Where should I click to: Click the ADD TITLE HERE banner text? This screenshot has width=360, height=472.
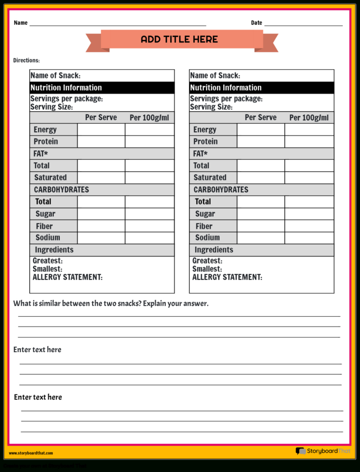[x=179, y=40]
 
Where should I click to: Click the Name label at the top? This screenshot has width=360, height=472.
[x=20, y=23]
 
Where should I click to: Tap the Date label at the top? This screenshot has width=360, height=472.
[x=256, y=23]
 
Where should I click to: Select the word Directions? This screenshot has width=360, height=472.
[x=26, y=60]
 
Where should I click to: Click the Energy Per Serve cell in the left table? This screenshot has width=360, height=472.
[x=101, y=130]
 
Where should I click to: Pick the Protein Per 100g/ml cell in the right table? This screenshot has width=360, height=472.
[x=309, y=142]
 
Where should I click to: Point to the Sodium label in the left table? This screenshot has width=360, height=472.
[x=48, y=237]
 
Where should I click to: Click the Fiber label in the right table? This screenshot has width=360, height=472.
[x=204, y=226]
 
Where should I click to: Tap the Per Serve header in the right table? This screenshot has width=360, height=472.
[x=261, y=118]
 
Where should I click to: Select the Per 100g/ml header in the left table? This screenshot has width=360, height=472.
[x=149, y=118]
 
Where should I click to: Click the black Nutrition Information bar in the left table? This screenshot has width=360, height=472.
[x=101, y=88]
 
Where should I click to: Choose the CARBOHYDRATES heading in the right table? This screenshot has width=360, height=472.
[x=221, y=189]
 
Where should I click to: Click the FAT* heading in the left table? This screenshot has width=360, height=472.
[x=41, y=153]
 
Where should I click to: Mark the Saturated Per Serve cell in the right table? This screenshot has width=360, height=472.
[x=261, y=178]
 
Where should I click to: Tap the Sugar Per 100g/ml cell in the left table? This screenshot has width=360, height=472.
[x=149, y=214]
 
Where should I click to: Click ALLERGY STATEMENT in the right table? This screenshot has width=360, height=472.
[x=227, y=277]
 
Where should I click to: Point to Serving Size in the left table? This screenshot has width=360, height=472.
[x=51, y=107]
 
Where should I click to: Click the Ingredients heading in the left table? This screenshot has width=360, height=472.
[x=54, y=250]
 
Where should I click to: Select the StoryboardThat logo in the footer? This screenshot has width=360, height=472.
[x=322, y=451]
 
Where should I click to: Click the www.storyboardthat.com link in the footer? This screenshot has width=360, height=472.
[x=31, y=453]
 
